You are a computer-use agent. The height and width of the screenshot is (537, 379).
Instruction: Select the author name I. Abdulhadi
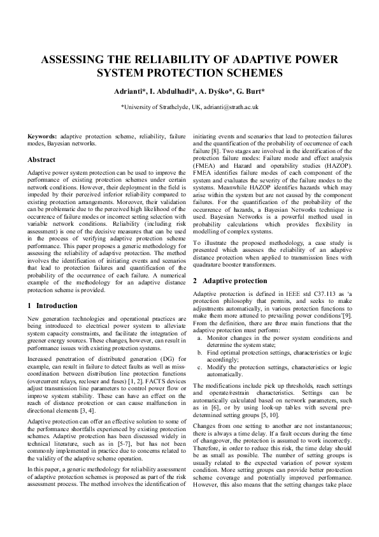[165, 92]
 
